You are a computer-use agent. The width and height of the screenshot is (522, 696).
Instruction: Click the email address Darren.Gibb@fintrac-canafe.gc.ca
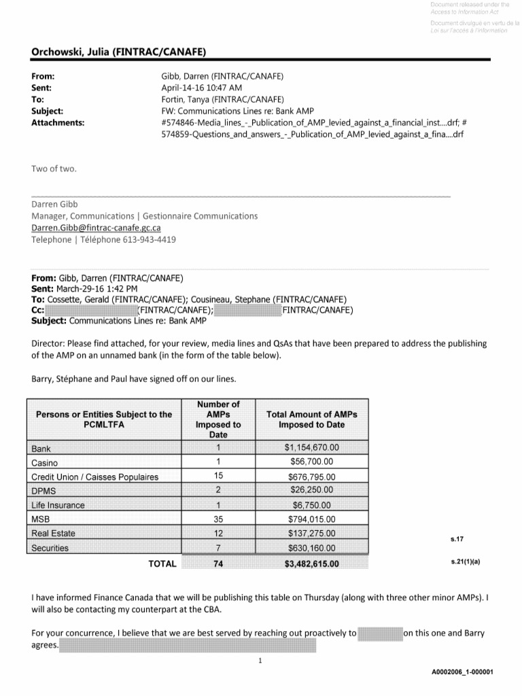[97, 228]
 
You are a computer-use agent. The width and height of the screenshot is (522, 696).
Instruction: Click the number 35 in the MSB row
[218, 519]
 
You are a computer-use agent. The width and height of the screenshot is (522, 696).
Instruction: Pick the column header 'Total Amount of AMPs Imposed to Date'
[311, 419]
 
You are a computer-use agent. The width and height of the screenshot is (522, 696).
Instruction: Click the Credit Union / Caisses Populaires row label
[94, 476]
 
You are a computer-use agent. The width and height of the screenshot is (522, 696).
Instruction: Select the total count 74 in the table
[218, 563]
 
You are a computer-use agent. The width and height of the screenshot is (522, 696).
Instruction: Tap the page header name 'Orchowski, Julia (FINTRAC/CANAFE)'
[119, 52]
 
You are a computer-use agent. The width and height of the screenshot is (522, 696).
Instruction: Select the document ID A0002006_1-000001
[462, 672]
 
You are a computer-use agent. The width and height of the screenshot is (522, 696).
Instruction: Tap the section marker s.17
[456, 539]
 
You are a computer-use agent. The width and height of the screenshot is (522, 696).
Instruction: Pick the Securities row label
[50, 548]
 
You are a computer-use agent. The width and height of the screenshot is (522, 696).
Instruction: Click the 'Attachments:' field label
[58, 122]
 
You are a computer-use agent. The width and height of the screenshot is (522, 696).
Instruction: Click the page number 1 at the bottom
[260, 660]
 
